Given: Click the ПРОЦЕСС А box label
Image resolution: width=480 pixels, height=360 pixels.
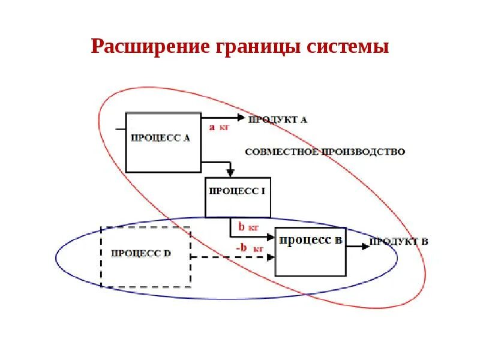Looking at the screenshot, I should [160, 137].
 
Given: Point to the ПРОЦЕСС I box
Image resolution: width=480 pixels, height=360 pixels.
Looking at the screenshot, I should [237, 191].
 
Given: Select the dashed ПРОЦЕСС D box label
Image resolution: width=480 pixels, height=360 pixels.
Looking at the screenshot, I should [141, 253].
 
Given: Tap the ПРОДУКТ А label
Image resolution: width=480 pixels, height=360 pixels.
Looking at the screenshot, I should [277, 119].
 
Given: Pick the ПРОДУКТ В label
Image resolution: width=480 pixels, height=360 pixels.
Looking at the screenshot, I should [398, 242].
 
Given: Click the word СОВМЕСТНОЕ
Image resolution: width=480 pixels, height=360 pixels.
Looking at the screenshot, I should [274, 152].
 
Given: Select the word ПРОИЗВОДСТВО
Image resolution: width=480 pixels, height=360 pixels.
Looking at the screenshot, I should [362, 152].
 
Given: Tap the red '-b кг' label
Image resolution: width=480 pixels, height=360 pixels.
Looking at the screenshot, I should [248, 248].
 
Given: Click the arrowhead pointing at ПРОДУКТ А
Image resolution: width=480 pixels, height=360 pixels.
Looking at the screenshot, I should [241, 117].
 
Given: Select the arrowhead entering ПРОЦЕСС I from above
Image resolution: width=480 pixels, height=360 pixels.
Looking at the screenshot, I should [230, 173].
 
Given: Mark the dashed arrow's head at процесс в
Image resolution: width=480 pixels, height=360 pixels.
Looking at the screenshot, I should [271, 257].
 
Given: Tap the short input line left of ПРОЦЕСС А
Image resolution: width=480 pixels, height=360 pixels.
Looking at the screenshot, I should [121, 128].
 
